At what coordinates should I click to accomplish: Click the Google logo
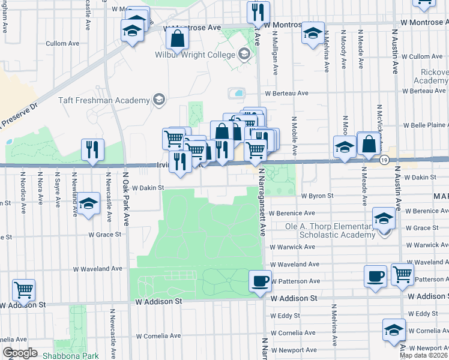(x=20, y=353)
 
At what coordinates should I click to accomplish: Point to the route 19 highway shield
(x=384, y=160)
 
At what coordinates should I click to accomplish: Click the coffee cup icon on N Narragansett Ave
(x=259, y=281)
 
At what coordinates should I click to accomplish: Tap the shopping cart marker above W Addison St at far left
(x=23, y=290)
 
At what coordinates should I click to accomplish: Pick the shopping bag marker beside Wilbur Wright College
(x=178, y=39)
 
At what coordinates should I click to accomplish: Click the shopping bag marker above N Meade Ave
(x=369, y=144)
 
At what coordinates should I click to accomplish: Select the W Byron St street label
(x=317, y=196)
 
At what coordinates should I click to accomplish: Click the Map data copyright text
(x=424, y=355)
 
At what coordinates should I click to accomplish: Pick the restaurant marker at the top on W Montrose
(x=258, y=11)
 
